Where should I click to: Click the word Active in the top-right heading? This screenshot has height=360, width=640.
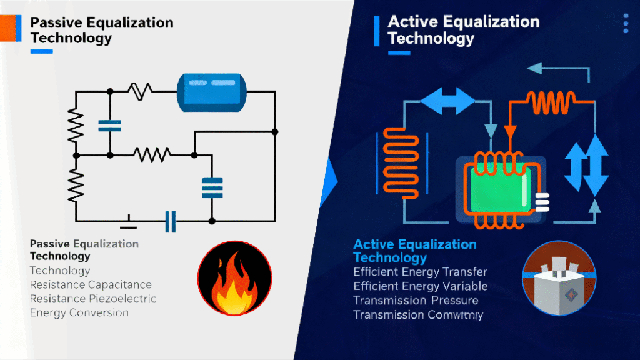pyautogui.click(x=411, y=22)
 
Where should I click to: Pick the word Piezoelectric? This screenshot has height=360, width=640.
pyautogui.click(x=123, y=299)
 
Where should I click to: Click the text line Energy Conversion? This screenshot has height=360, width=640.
pyautogui.click(x=79, y=312)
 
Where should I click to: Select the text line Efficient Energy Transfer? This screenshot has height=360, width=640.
pyautogui.click(x=420, y=272)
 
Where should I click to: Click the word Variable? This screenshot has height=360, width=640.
pyautogui.click(x=464, y=286)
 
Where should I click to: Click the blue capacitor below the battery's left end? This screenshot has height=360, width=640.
pyautogui.click(x=109, y=125)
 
